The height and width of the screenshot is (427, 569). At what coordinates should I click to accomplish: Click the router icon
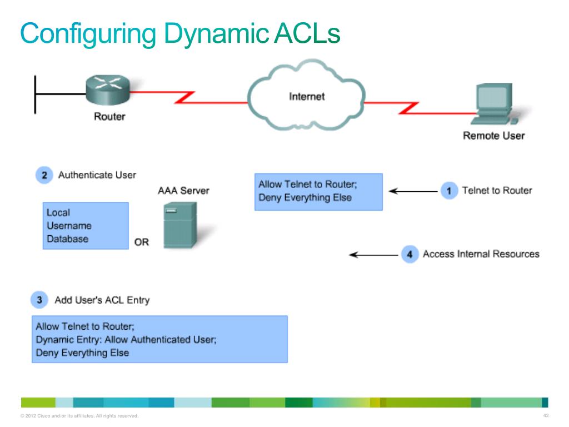pyautogui.click(x=108, y=90)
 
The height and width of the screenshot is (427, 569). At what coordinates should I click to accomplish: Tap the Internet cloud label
pyautogui.click(x=307, y=96)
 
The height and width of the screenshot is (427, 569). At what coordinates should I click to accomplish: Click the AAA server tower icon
pyautogui.click(x=181, y=225)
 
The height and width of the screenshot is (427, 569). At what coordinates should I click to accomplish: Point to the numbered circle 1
pyautogui.click(x=449, y=191)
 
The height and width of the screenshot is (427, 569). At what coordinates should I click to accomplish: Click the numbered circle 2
pyautogui.click(x=44, y=175)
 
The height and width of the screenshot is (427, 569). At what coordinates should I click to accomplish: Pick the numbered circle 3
pyautogui.click(x=39, y=300)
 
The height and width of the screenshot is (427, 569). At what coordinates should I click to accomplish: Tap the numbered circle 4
pyautogui.click(x=410, y=254)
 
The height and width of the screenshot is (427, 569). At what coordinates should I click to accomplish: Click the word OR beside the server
pyautogui.click(x=142, y=242)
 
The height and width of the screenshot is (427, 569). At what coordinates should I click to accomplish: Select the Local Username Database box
pyautogui.click(x=86, y=226)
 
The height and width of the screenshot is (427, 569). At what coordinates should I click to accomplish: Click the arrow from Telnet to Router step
pyautogui.click(x=413, y=191)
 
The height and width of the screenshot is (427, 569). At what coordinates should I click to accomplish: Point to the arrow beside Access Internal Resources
pyautogui.click(x=373, y=255)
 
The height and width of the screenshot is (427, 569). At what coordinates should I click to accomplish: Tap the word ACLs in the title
pyautogui.click(x=307, y=33)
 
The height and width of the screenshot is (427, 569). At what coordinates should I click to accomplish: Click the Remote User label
pyautogui.click(x=494, y=136)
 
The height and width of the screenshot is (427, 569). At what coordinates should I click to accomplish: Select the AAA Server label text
pyautogui.click(x=183, y=191)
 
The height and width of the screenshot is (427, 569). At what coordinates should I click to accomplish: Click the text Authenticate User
pyautogui.click(x=97, y=175)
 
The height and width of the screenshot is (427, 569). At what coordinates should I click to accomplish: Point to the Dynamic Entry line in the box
pyautogui.click(x=126, y=340)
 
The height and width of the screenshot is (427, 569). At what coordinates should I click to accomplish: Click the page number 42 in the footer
pyautogui.click(x=546, y=415)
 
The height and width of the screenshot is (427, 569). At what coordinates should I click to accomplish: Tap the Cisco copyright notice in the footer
pyautogui.click(x=79, y=416)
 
